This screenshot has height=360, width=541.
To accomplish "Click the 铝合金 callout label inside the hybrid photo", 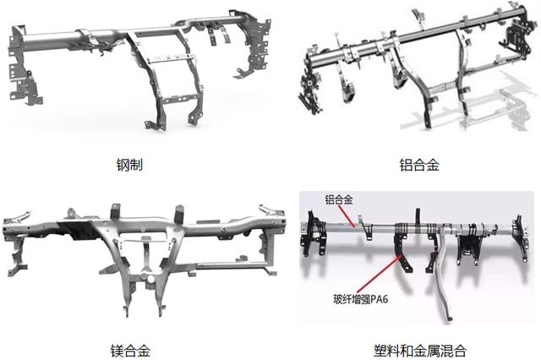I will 340,200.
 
